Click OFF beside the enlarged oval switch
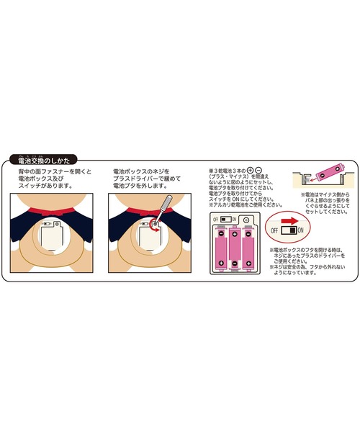275,230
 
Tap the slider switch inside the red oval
290,230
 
